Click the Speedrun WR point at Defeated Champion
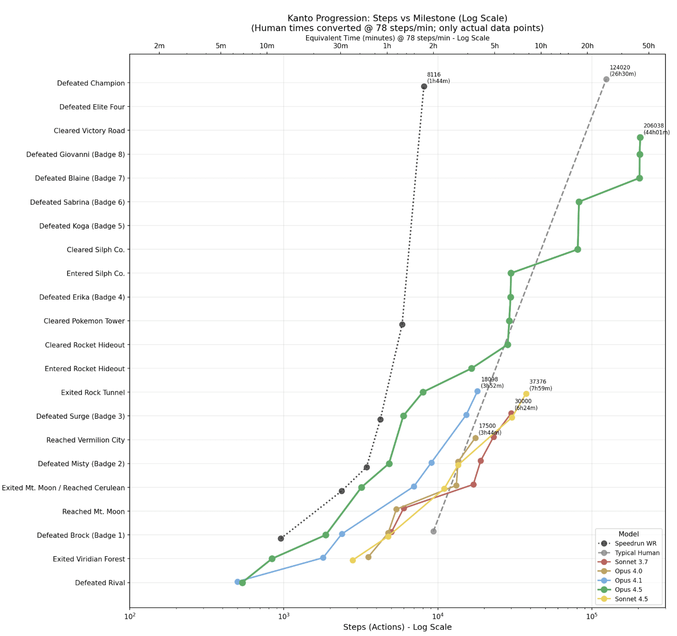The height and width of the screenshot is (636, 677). click(x=424, y=87)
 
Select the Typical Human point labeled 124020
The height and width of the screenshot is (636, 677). click(x=606, y=79)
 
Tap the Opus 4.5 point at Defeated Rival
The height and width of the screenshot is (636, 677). click(x=242, y=583)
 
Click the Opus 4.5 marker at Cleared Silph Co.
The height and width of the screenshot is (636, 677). click(x=578, y=249)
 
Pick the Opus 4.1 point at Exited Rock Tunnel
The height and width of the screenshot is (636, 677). click(x=477, y=391)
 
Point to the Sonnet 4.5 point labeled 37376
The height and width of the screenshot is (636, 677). click(x=526, y=394)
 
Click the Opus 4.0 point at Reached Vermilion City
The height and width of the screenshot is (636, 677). click(x=476, y=438)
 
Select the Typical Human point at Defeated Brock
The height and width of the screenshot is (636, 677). click(x=434, y=531)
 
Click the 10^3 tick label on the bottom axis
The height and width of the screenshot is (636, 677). click(x=284, y=616)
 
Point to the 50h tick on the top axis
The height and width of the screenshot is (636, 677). click(x=648, y=46)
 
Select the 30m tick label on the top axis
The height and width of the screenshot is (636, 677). click(x=340, y=46)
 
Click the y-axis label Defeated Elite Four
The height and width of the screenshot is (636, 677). click(x=92, y=107)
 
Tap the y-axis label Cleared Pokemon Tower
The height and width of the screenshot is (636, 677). click(x=84, y=321)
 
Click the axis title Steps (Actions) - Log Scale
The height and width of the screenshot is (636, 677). click(x=397, y=627)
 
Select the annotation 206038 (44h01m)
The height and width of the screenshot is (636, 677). click(x=656, y=129)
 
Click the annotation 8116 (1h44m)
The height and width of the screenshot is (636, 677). click(x=438, y=78)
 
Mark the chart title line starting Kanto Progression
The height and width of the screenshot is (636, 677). click(x=397, y=19)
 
